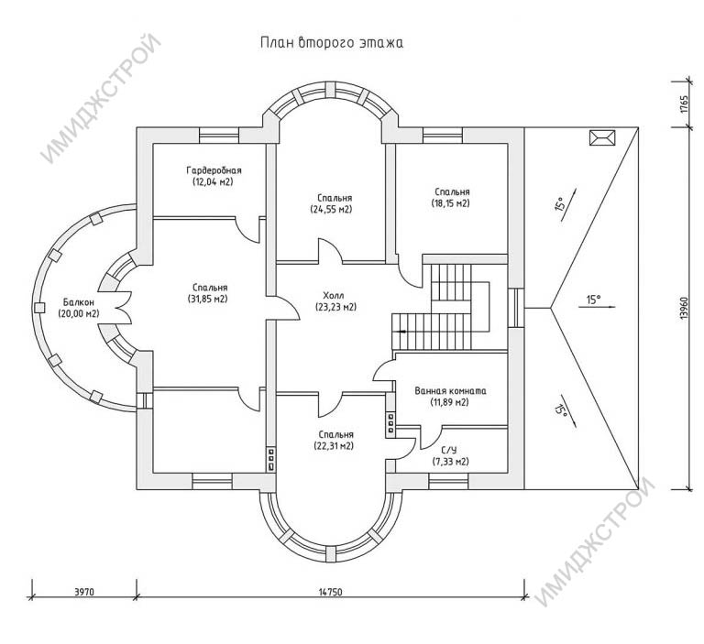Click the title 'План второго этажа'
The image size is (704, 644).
click(332, 43)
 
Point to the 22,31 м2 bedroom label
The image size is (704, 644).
click(334, 441)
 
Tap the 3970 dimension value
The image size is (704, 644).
click(83, 592)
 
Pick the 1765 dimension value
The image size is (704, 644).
click(684, 104)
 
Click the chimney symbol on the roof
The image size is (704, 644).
click(601, 137)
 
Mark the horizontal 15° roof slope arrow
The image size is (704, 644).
click(600, 307)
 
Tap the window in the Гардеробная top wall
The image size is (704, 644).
click(219, 136)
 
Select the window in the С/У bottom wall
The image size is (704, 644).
click(448, 481)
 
